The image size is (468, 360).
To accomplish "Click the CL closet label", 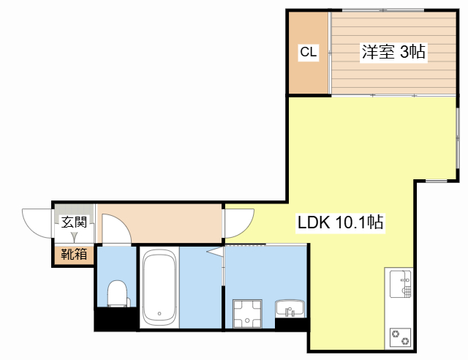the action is tap(309, 52).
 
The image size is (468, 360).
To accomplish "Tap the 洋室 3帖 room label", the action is tap(393, 52).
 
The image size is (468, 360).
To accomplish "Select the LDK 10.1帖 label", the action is tap(341, 222).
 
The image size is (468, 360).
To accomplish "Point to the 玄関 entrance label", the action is tap(74, 222).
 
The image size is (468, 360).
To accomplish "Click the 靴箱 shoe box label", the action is tap(74, 254).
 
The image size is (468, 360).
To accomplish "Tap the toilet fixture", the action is tap(118, 293).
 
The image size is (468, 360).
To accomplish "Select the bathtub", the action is tap(159, 288).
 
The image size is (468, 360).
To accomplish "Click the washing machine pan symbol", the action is tap(247, 314).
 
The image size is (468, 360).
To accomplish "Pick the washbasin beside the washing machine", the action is tap(290, 309).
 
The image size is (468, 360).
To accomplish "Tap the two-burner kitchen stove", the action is tap(400, 337).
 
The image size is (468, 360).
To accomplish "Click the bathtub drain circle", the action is tap(159, 313).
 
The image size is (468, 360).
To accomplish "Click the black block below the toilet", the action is tap(116, 319).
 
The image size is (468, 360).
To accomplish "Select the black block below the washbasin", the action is tap(291, 325).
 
